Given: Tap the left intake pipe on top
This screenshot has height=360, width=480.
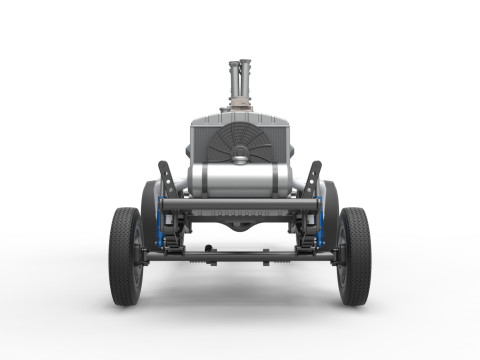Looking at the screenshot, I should [235, 76].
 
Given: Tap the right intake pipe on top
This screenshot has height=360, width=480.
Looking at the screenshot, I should [247, 76].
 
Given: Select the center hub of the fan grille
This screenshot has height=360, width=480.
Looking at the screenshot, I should [241, 152].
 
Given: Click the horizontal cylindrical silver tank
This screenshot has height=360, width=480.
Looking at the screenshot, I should [240, 181].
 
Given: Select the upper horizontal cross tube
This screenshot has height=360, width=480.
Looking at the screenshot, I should [240, 204].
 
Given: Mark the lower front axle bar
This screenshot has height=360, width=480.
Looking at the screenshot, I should [240, 256].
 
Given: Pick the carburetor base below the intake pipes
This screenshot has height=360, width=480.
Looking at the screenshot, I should [241, 104].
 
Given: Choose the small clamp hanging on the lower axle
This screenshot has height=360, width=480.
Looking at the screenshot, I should [208, 249].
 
